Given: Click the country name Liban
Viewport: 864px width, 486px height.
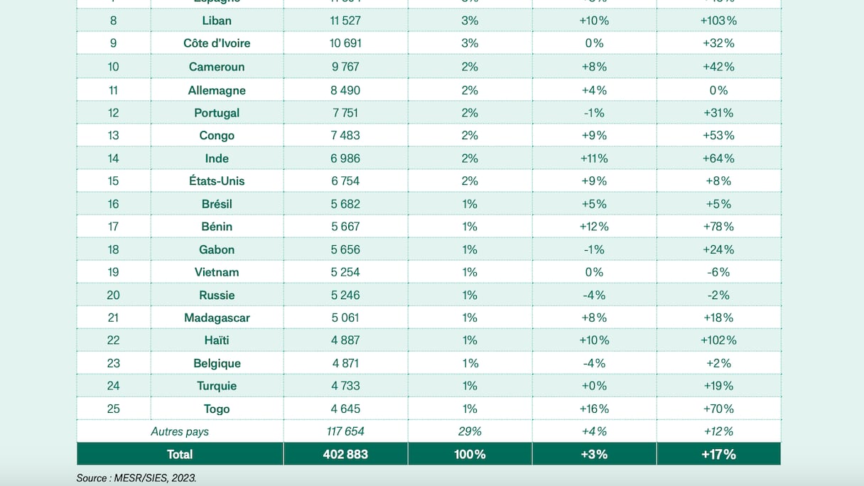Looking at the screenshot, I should click(217, 21).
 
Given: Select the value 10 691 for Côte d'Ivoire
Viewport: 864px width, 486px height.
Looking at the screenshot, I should click(345, 43).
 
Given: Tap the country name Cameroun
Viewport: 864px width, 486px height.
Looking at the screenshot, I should click(217, 67).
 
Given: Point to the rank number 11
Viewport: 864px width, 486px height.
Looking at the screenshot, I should click(113, 90).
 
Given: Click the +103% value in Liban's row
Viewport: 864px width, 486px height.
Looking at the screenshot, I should click(718, 21).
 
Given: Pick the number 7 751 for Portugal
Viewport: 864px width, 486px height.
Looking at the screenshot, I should click(345, 113).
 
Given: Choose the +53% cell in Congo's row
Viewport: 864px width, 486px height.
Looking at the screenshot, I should click(718, 136).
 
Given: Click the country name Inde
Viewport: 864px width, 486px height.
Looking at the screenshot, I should click(217, 158).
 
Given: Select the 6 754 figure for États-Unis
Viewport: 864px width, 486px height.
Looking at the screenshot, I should click(345, 181).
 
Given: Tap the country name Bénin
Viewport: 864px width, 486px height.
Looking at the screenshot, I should click(217, 227).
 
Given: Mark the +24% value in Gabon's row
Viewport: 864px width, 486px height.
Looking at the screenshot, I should click(718, 249).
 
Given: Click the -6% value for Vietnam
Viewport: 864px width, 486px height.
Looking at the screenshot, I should click(718, 272).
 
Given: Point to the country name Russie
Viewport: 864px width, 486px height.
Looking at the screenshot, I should click(217, 295).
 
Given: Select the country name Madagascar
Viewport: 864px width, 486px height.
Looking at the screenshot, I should click(217, 318).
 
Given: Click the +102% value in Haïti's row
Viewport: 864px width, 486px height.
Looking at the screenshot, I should click(718, 340).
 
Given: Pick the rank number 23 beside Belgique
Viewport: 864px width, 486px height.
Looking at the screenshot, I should click(113, 363).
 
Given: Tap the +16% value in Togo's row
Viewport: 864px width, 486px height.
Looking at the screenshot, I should click(594, 409).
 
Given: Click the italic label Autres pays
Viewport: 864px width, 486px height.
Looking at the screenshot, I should click(180, 431).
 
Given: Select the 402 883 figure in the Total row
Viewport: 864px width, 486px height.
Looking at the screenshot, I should click(345, 454).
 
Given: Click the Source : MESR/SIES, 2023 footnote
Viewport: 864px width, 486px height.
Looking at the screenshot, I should click(136, 478).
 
